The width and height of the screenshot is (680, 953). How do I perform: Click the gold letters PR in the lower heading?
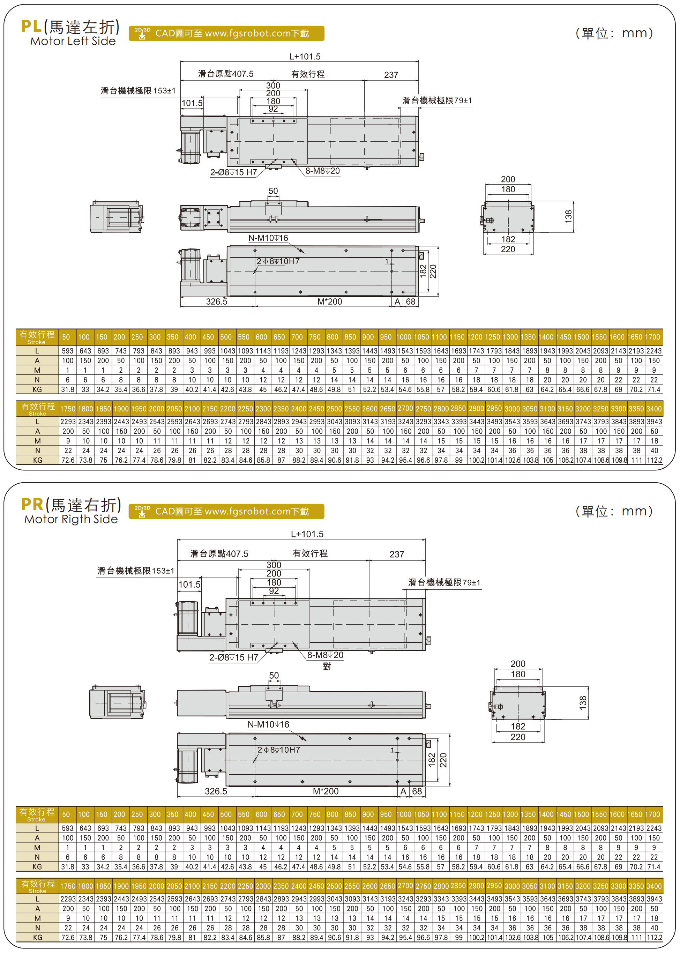tap(32, 504)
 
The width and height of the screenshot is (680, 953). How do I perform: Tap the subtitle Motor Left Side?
tap(73, 41)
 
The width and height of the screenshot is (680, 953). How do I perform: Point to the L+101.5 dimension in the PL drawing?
tap(305, 57)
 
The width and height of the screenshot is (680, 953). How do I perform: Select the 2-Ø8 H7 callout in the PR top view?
tap(234, 657)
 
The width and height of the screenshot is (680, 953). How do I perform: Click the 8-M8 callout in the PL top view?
tap(322, 171)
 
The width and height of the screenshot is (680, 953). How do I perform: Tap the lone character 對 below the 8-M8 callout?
tap(327, 666)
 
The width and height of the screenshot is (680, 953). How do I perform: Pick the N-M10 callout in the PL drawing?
tap(268, 238)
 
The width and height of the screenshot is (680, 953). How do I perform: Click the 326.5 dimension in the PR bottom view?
tap(216, 791)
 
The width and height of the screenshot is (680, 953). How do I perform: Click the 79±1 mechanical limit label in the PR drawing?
tap(444, 582)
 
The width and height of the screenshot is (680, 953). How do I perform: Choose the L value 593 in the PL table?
tap(67, 351)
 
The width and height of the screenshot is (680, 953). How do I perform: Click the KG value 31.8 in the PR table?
tap(67, 867)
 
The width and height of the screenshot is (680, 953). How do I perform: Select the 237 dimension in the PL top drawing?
tap(391, 75)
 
